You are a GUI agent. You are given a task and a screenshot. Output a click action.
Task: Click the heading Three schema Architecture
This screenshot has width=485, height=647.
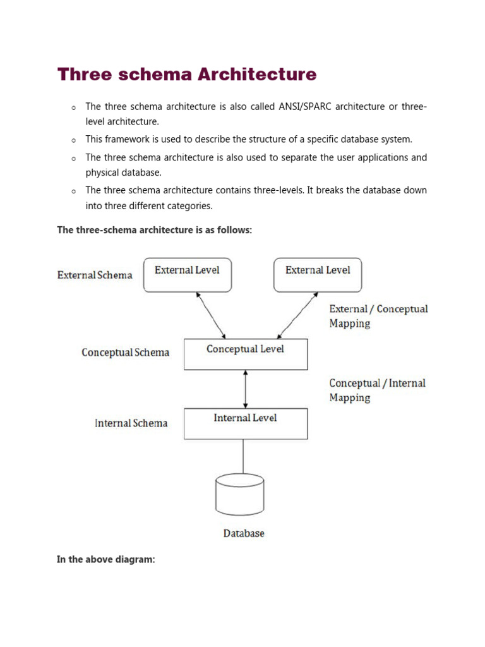click(187, 75)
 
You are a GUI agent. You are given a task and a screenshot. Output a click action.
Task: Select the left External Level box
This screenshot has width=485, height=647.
click(188, 275)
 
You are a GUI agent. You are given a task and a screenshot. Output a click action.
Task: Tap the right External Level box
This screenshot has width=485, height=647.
click(318, 275)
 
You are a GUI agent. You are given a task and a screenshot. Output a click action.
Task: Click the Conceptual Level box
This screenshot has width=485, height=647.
click(246, 354)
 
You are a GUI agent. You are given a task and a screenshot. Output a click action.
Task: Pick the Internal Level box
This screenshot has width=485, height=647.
click(246, 423)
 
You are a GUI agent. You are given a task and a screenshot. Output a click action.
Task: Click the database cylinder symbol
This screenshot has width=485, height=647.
click(240, 495)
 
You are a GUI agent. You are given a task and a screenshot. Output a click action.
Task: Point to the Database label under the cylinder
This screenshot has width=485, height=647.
click(244, 534)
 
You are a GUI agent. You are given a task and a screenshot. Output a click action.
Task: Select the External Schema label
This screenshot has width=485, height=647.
click(95, 275)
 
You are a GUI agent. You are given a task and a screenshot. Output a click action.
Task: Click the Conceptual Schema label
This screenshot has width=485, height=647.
click(125, 353)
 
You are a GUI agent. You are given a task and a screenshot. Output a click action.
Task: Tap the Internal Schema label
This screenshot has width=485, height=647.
click(131, 423)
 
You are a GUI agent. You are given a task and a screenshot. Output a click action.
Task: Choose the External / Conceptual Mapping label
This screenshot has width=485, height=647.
click(378, 316)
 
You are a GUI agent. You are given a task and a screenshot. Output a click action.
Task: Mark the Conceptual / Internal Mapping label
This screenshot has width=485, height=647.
click(377, 390)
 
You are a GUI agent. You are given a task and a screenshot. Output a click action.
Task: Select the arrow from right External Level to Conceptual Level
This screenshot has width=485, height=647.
click(297, 315)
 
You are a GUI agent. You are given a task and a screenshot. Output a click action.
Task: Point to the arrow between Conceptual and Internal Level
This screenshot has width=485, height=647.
click(246, 389)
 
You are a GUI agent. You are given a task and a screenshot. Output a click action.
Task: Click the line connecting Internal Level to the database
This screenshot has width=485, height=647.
click(244, 456)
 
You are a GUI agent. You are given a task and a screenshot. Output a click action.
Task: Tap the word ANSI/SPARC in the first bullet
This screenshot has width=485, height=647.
click(305, 107)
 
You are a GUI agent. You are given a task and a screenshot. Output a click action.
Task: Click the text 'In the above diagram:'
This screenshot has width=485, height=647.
click(106, 560)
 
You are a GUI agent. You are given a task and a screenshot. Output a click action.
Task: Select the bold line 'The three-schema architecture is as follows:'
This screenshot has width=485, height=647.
click(155, 230)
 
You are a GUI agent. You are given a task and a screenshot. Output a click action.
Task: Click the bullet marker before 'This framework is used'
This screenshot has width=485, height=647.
click(73, 140)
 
